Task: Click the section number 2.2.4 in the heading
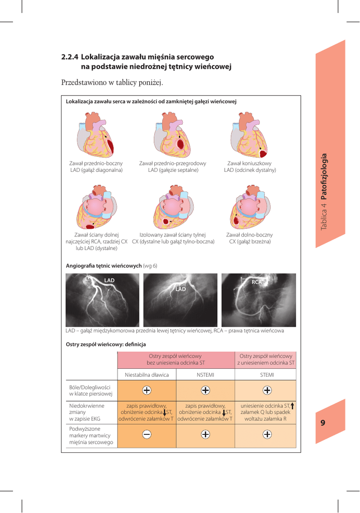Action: point(70,57)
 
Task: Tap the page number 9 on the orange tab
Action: point(323,423)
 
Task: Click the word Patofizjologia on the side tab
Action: point(324,177)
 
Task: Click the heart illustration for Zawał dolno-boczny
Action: point(250,207)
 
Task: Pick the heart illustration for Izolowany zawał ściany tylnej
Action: point(173,207)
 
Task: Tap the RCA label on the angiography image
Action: point(257,282)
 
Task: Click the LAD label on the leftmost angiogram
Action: point(109,281)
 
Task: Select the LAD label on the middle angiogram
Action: point(180,289)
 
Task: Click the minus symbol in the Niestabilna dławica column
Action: point(147,434)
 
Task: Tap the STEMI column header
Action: point(267,375)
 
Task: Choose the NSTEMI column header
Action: point(205,375)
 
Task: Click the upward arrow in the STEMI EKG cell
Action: point(292,406)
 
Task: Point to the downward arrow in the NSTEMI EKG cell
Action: point(224,413)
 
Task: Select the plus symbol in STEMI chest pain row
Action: point(267,390)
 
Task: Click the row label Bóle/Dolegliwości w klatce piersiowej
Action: point(90,391)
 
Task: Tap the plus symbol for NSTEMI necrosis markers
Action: point(205,434)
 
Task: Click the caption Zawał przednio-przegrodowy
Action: point(173,163)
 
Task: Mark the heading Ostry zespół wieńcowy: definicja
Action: point(106,345)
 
